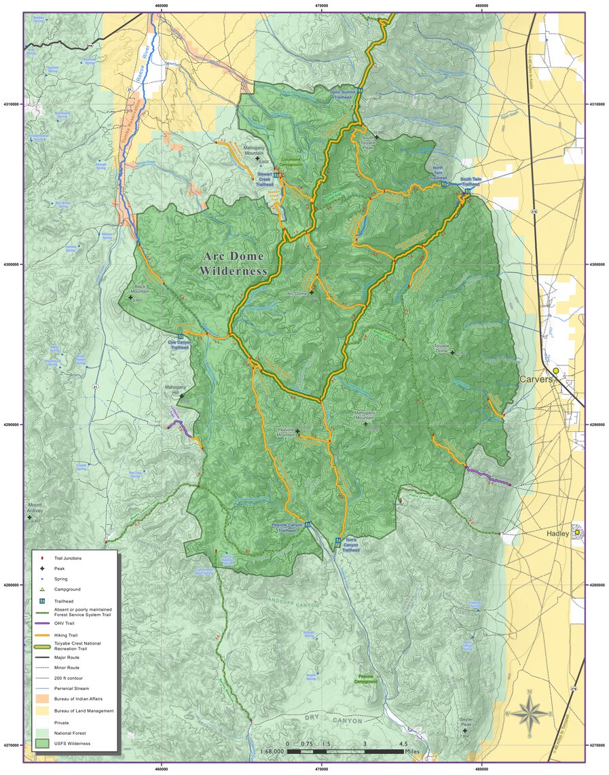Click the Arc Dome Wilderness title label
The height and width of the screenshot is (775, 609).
tap(234, 264)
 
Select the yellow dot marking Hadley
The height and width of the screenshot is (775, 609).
tap(577, 533)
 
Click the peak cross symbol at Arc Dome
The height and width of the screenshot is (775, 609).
tap(312, 293)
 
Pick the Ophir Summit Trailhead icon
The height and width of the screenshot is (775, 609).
tap(361, 90)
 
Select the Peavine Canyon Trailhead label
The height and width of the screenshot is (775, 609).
tap(287, 528)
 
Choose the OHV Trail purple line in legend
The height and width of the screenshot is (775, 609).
tap(43, 621)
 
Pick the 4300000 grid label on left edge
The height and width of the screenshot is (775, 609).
tap(12, 264)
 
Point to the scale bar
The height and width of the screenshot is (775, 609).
tap(345, 751)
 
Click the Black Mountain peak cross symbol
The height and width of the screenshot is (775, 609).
tap(130, 298)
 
